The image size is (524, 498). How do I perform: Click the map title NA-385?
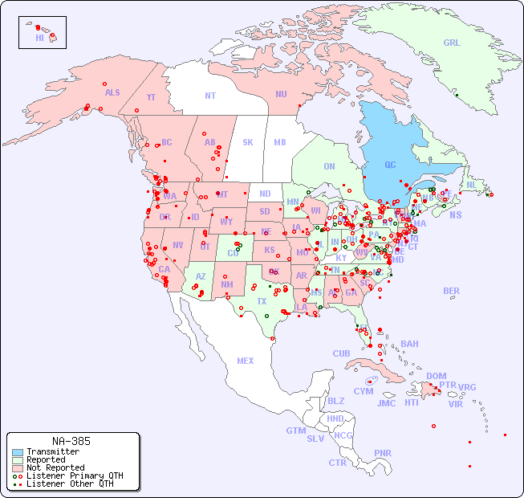(x=71, y=441)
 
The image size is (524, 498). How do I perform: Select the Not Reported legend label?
(x=55, y=467)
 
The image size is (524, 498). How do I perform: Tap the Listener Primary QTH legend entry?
(x=75, y=476)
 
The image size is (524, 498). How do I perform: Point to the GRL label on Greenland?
(x=452, y=43)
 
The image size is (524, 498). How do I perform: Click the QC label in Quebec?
(x=390, y=165)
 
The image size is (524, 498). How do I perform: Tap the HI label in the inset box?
(x=39, y=38)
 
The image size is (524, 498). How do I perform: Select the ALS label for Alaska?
(x=112, y=92)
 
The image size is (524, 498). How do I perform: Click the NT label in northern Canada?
(x=210, y=96)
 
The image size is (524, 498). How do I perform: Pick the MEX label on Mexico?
(x=246, y=361)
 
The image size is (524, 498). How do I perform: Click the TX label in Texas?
(x=262, y=302)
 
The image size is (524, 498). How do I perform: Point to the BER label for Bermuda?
(x=452, y=291)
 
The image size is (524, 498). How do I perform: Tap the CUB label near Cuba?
(x=342, y=353)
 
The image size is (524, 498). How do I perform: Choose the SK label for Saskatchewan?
(x=248, y=142)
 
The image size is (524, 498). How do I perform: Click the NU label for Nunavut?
(x=281, y=94)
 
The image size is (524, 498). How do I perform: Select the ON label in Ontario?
(x=329, y=167)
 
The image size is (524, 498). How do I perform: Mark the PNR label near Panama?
(x=383, y=453)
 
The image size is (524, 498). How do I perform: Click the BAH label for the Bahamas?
(x=409, y=344)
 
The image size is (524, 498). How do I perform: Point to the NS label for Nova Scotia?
(x=455, y=215)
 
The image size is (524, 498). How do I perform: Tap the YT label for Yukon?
(x=151, y=97)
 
